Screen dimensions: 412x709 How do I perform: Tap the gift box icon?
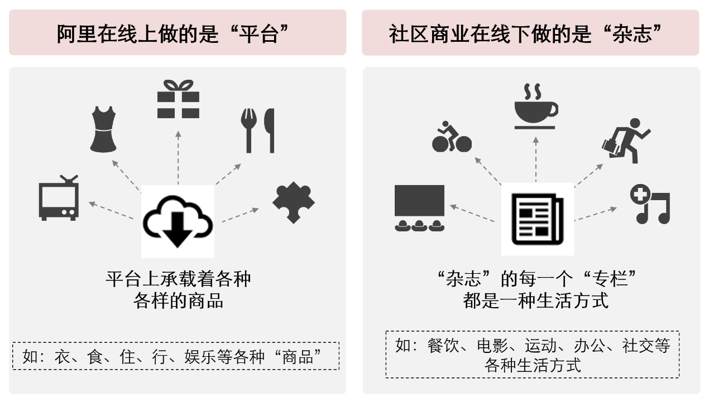pyautogui.click(x=178, y=99)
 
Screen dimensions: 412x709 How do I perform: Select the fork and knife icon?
pyautogui.click(x=257, y=130)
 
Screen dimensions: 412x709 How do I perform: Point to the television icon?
pyautogui.click(x=59, y=198)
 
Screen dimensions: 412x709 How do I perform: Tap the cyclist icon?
pyautogui.click(x=452, y=137)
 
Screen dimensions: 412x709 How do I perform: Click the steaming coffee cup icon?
pyautogui.click(x=535, y=107)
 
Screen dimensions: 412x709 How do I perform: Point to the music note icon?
pyautogui.click(x=650, y=204)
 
